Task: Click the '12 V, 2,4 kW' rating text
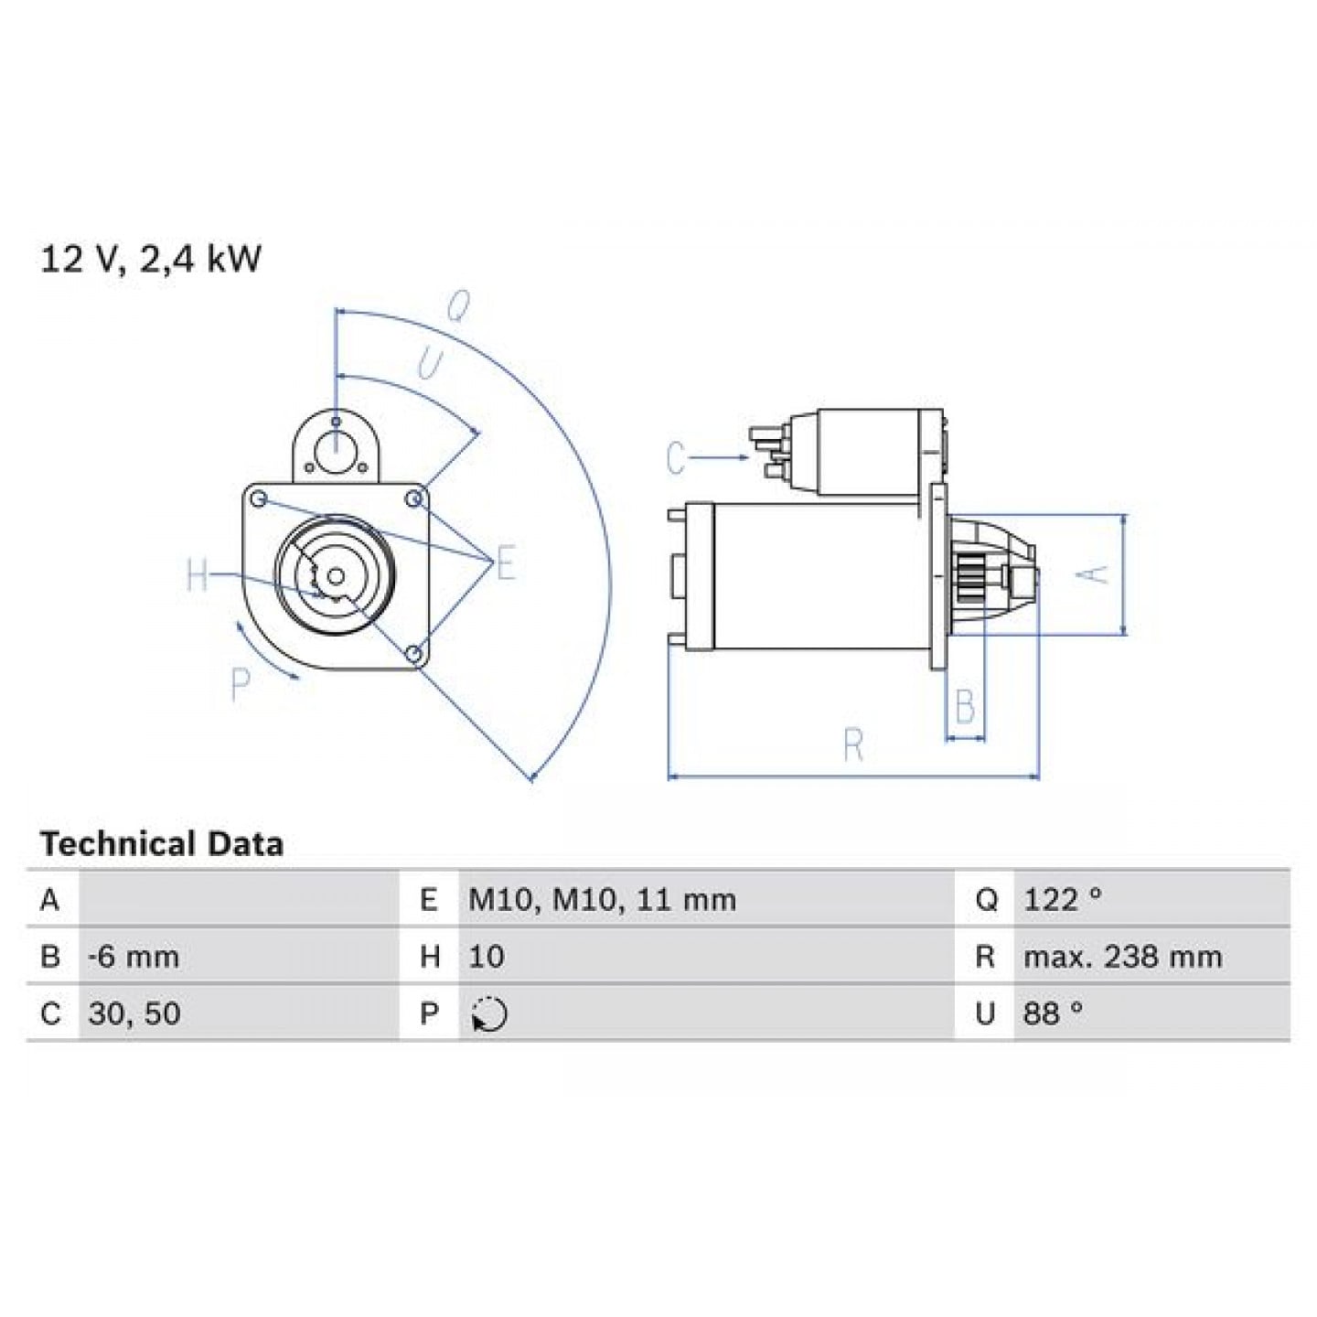[x=150, y=260]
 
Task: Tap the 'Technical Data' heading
[x=162, y=844]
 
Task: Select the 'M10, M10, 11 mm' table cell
[x=602, y=900]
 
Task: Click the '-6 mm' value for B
[x=134, y=956]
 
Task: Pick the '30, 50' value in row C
[x=134, y=1012]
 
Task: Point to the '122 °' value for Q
[x=1063, y=899]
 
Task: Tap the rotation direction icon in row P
[x=489, y=1013]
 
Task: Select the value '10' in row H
[x=486, y=956]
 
